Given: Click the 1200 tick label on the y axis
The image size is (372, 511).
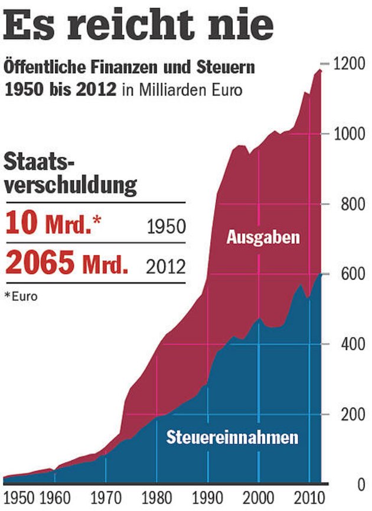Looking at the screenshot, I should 348,64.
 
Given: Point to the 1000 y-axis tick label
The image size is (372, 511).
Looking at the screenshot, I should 348,134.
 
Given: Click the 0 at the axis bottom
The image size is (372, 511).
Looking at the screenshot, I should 360,485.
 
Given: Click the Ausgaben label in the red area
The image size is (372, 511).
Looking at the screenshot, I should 263,238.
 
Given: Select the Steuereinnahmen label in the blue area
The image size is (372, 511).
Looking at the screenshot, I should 232,438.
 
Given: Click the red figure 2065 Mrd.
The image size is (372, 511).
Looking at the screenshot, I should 66,264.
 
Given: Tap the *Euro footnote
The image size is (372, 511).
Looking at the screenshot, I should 21,296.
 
